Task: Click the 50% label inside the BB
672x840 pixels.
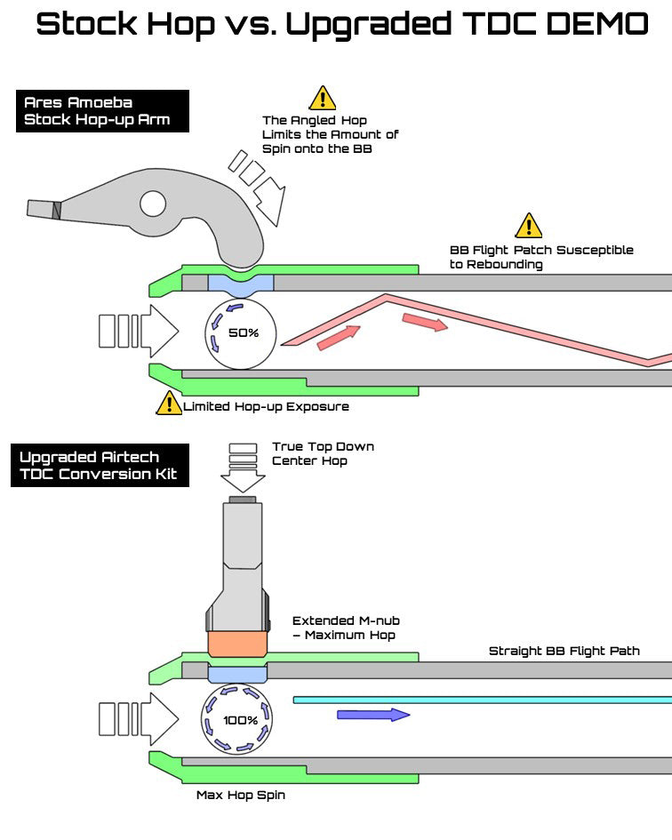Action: (x=242, y=332)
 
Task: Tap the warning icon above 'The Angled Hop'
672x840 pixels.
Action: (x=322, y=98)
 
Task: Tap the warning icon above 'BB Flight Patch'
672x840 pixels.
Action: (x=529, y=226)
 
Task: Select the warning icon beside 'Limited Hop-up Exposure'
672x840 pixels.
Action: (x=169, y=404)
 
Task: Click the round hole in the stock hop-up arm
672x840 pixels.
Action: (x=153, y=204)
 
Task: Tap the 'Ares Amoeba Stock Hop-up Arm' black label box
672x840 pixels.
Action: (x=102, y=111)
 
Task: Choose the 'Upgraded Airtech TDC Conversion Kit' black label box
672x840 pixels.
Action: (x=102, y=465)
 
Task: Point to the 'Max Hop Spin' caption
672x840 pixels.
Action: (x=240, y=795)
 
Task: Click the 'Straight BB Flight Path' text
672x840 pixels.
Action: (x=564, y=652)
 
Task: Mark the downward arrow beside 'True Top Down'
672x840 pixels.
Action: (x=243, y=467)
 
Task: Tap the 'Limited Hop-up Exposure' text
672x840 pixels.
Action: (x=266, y=407)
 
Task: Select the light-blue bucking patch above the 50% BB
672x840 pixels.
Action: (x=241, y=283)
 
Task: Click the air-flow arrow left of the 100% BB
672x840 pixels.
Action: (x=138, y=718)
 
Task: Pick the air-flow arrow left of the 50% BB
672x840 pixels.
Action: (x=138, y=332)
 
